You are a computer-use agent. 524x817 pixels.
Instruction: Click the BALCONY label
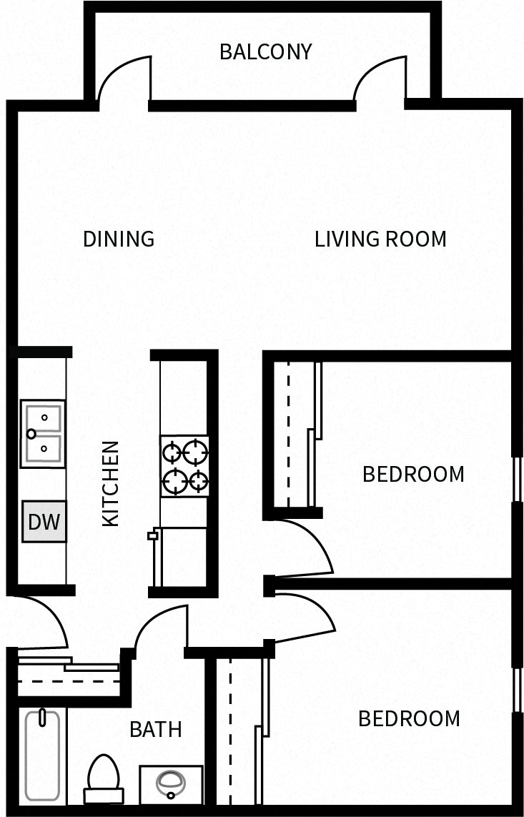tap(265, 52)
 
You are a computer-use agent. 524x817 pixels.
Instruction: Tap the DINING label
tap(119, 239)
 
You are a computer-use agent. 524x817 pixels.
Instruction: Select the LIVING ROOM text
tap(380, 239)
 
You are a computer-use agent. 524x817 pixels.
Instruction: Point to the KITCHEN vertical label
tap(110, 484)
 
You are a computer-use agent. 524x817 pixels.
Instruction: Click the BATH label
tap(155, 730)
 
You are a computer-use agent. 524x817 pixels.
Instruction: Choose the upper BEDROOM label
tap(413, 474)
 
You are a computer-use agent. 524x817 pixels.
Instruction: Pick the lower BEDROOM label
tap(409, 718)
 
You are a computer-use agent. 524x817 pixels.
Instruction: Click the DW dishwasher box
tap(44, 522)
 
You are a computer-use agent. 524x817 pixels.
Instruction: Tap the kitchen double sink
tap(43, 434)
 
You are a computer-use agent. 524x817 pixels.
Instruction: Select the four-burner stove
tap(184, 466)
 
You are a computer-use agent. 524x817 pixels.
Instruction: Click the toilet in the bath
tap(104, 779)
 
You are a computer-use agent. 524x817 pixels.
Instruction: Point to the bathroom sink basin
tap(171, 784)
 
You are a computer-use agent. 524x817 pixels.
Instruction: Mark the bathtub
tap(41, 755)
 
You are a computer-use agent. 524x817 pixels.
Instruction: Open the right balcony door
tap(379, 80)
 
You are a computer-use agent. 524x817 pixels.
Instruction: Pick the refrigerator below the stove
tap(183, 556)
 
